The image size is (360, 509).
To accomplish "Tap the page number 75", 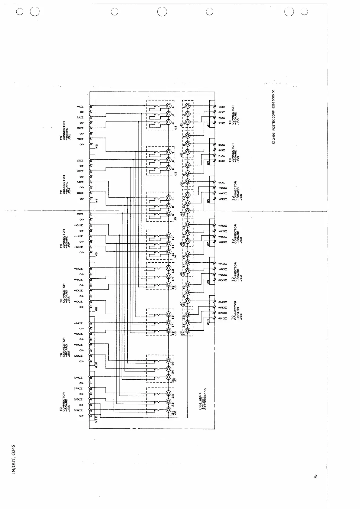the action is tap(315, 485).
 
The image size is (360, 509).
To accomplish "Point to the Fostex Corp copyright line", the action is tap(273, 117).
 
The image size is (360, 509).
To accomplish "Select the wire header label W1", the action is tap(208, 125).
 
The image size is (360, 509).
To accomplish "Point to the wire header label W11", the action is tap(208, 322).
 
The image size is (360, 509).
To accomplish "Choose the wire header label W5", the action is tap(208, 200).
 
